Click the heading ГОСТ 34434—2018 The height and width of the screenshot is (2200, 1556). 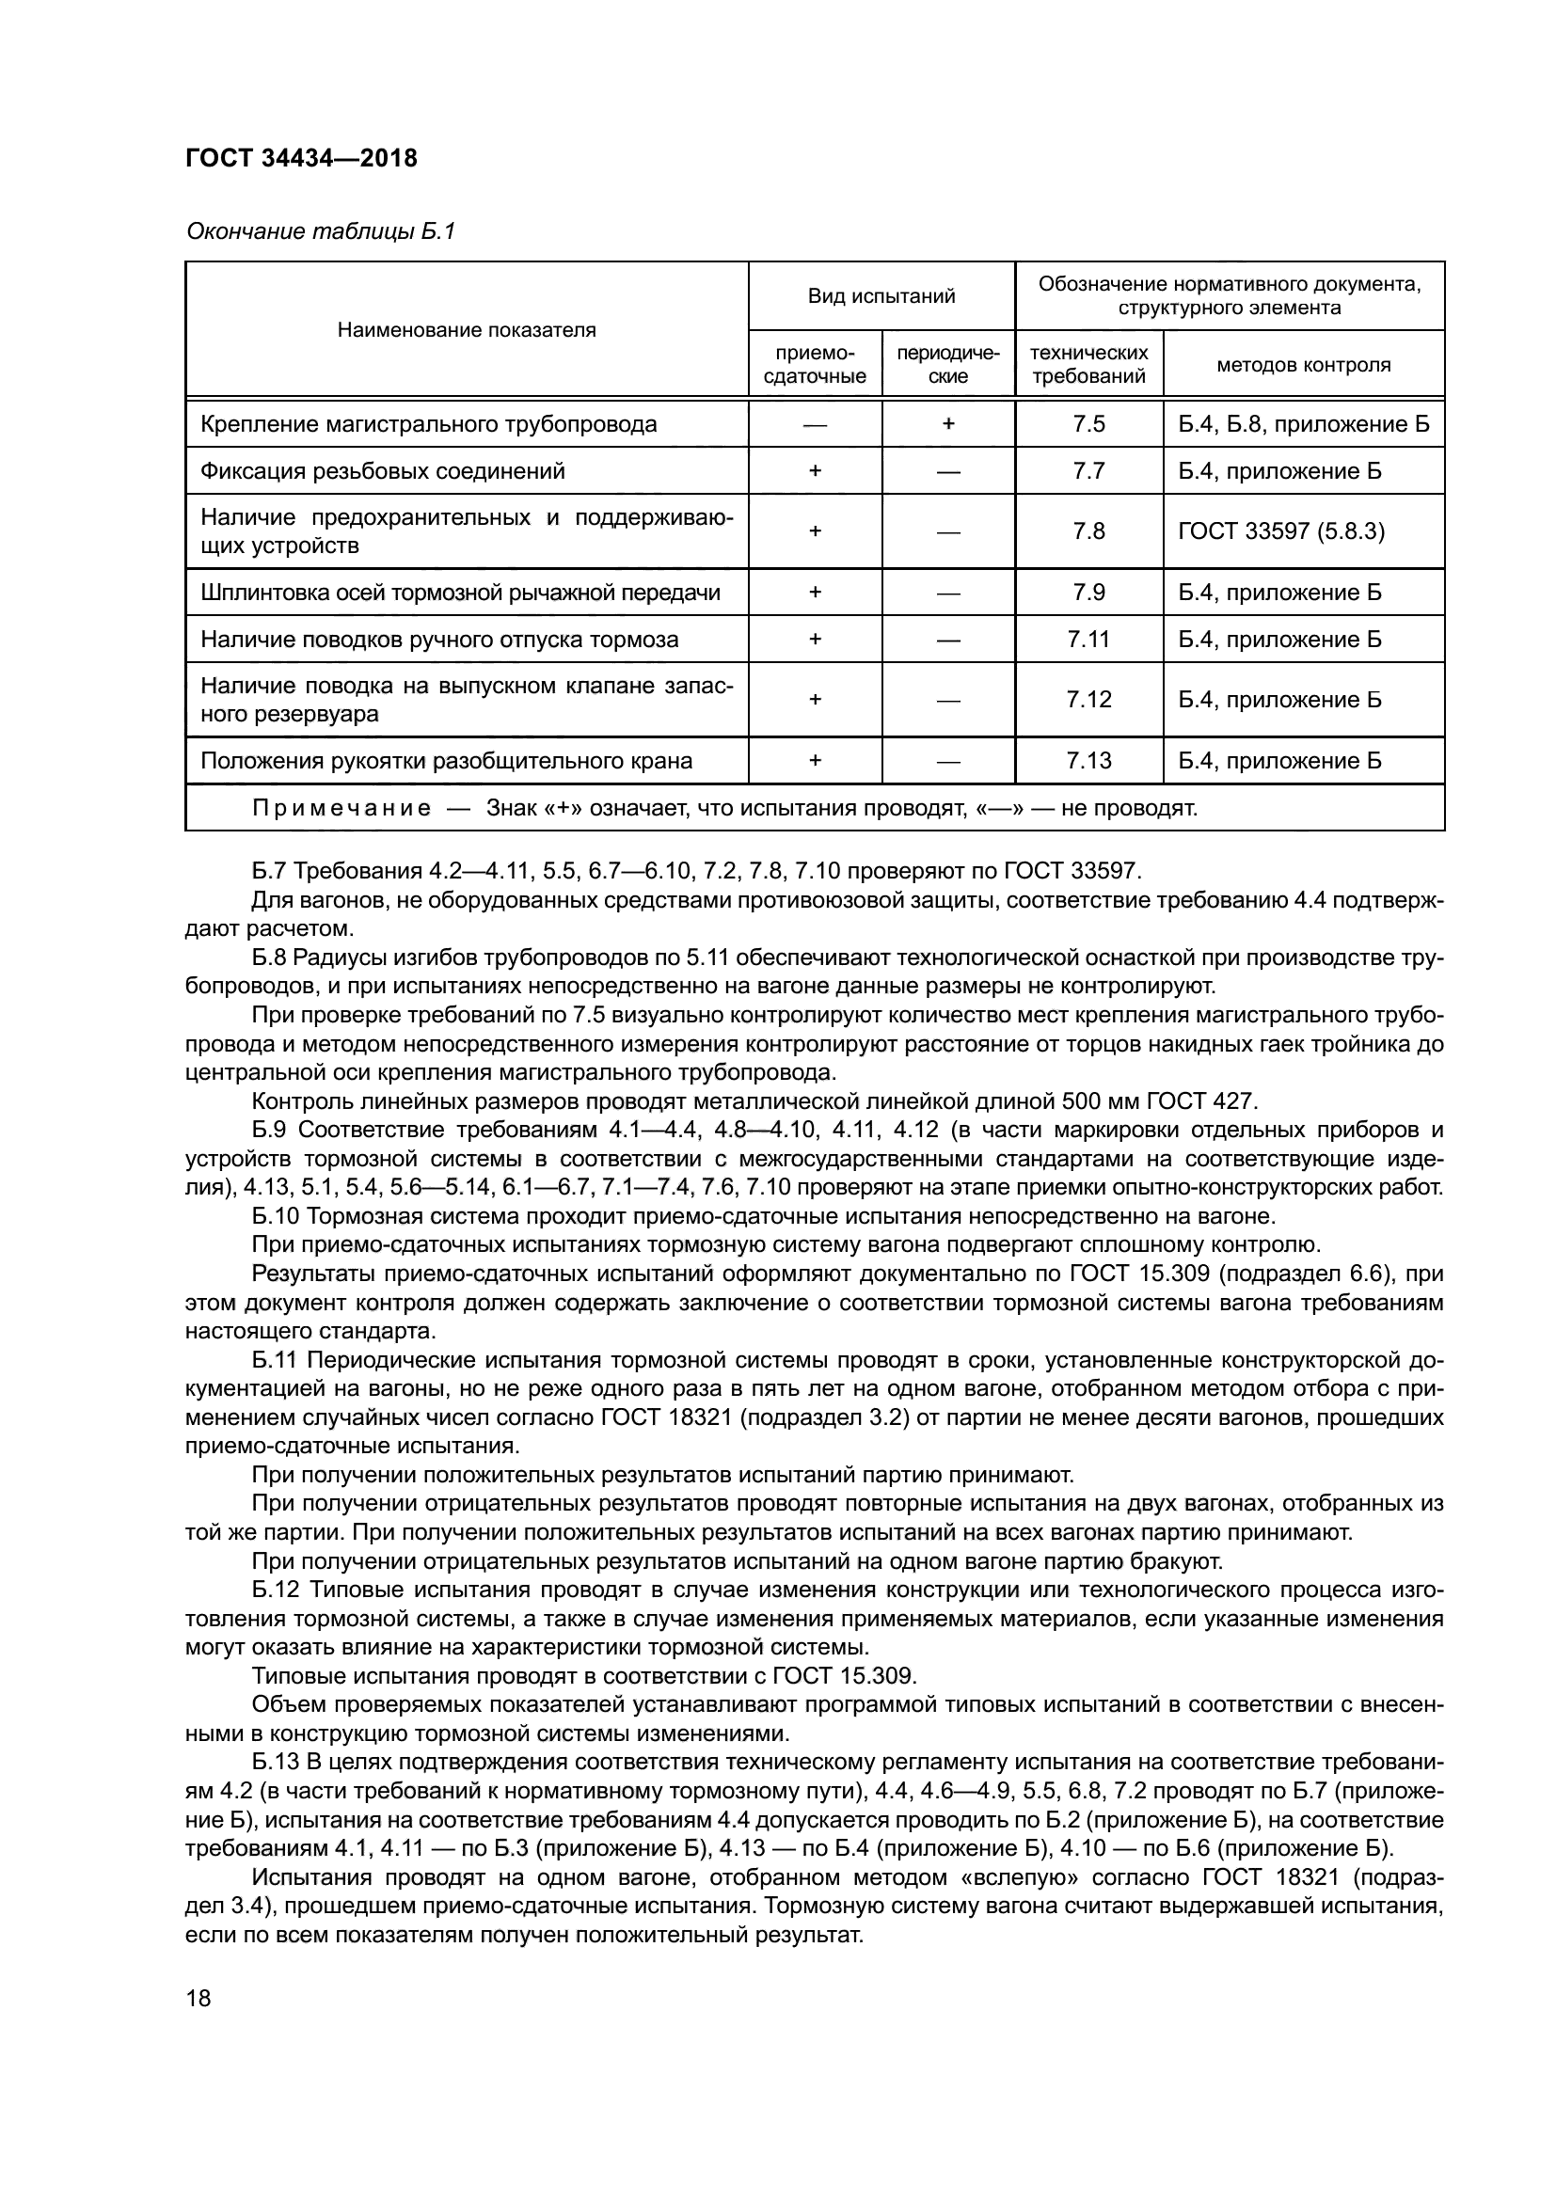coord(301,158)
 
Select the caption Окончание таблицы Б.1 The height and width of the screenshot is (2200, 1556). coord(320,231)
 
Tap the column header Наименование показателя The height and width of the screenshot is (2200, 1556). coord(466,329)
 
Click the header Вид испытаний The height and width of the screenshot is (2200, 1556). coord(881,296)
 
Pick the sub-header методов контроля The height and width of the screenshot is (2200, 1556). coord(1303,364)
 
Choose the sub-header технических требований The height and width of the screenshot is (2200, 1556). coord(1088,364)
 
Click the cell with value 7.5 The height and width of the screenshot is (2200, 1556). coord(1088,423)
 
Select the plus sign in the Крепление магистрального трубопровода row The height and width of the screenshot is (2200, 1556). coord(947,423)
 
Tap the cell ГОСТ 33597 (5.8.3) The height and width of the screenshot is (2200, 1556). coord(1281,530)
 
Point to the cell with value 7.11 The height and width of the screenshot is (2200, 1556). coord(1088,639)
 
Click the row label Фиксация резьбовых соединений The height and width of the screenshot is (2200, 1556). coord(382,470)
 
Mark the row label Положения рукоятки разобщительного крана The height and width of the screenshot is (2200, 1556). coord(446,761)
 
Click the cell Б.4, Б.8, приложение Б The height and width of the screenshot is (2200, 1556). coord(1303,423)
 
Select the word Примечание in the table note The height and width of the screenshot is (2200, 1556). coord(341,808)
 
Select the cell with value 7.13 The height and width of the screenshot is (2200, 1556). coord(1088,761)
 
